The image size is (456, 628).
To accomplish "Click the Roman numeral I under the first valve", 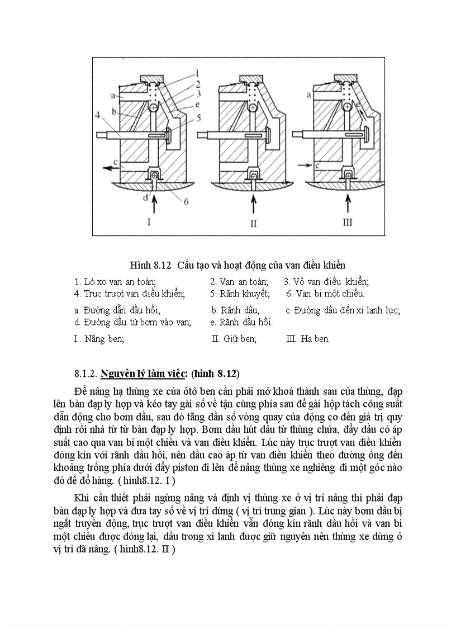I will point(149,222).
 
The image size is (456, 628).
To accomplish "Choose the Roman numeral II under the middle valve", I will point(253,223).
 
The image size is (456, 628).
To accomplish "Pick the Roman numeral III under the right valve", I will point(348,223).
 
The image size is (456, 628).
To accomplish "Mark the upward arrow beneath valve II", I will point(254,204).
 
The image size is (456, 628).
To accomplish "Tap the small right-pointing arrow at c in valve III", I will point(304,165).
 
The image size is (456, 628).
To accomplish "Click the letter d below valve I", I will point(145,197).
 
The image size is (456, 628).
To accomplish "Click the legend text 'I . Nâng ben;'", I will point(99,339).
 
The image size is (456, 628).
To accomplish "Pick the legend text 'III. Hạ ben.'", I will point(307,339).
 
